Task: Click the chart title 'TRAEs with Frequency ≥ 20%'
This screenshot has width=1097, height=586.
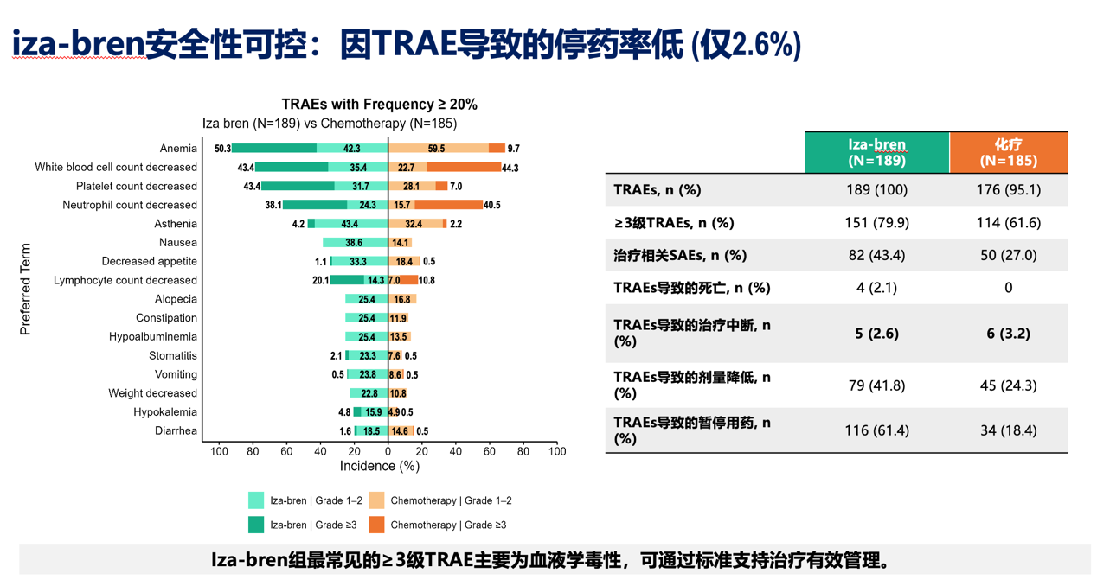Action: click(x=379, y=104)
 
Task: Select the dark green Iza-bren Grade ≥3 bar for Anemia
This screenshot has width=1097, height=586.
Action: click(x=273, y=149)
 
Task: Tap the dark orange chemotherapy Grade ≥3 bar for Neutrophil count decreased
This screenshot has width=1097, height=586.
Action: click(x=448, y=205)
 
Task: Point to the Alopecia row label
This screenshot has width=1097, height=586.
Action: click(x=176, y=299)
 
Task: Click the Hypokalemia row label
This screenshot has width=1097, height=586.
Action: click(x=165, y=412)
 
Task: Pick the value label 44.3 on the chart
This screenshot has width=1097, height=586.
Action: click(x=510, y=168)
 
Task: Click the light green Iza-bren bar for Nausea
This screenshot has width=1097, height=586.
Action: click(x=355, y=243)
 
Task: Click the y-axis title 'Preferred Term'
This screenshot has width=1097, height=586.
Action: click(x=25, y=289)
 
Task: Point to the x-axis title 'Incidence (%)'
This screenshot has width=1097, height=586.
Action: click(x=379, y=466)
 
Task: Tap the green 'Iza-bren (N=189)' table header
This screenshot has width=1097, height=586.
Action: click(x=876, y=152)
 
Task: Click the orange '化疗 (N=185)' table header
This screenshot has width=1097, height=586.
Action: click(x=1008, y=152)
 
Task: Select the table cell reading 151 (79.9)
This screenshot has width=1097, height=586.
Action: click(x=876, y=222)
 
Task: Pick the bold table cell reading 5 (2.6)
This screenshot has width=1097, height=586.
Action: click(x=876, y=333)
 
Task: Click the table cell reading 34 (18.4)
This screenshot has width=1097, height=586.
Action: click(x=1008, y=430)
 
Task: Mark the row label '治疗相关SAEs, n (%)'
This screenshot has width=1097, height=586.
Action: click(x=679, y=255)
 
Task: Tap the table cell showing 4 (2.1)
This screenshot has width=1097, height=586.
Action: click(x=876, y=287)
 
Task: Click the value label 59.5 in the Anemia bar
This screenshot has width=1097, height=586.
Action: click(x=436, y=149)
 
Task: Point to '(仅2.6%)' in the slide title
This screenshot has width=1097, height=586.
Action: click(x=746, y=43)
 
